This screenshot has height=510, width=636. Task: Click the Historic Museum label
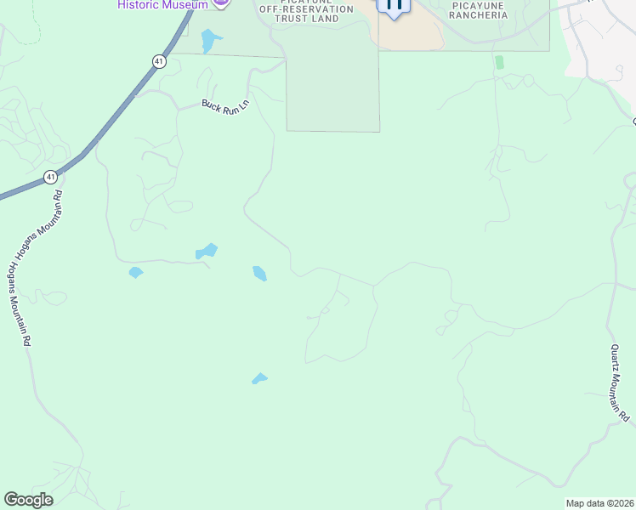tap(162, 5)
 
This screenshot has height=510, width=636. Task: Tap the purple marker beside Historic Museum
tap(221, 3)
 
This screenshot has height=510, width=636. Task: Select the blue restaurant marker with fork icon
tap(393, 6)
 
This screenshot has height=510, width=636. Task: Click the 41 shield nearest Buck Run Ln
tap(159, 61)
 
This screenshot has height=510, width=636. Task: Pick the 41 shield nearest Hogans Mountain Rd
tap(51, 177)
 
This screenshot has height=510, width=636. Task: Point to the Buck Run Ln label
tap(224, 107)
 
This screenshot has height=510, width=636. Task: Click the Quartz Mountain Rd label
tap(619, 382)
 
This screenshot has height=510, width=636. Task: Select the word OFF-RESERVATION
tap(306, 8)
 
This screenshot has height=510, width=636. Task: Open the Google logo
tap(28, 500)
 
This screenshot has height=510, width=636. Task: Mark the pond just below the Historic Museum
tap(208, 39)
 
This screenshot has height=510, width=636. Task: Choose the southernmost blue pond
tap(259, 378)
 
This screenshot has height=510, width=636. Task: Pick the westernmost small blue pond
tap(135, 273)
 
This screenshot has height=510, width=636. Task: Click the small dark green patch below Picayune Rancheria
tap(499, 62)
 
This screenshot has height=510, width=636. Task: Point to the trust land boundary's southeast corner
tap(379, 132)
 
